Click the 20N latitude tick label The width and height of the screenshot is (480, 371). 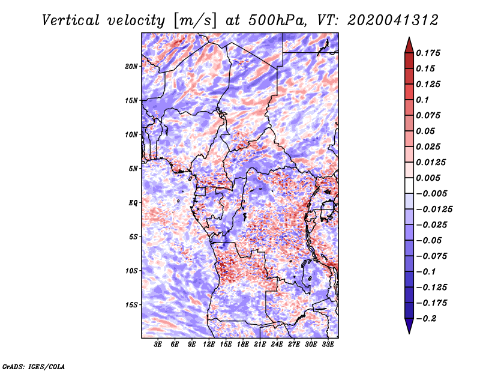coord(131,67)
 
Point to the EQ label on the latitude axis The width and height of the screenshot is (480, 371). coord(133,203)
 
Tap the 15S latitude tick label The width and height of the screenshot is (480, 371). coord(131,305)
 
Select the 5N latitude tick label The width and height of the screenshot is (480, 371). coord(133,169)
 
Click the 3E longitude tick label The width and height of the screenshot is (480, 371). coord(158,345)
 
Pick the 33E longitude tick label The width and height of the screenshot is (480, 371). coord(328,345)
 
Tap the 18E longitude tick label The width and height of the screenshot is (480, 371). coord(243,345)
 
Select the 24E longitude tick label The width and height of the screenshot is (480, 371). coord(277,345)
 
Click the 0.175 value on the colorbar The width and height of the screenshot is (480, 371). coord(428,53)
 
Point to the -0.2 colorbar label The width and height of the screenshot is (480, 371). coord(426,319)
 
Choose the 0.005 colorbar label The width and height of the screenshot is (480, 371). coord(428,178)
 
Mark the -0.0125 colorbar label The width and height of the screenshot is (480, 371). coord(434,210)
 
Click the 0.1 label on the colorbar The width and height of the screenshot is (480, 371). coord(422,100)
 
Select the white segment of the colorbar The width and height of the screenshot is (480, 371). coord(409,185)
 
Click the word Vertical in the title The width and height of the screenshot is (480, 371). coord(71,20)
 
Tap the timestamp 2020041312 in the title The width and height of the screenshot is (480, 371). coord(393,20)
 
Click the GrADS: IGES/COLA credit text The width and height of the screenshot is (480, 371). coord(34,366)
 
